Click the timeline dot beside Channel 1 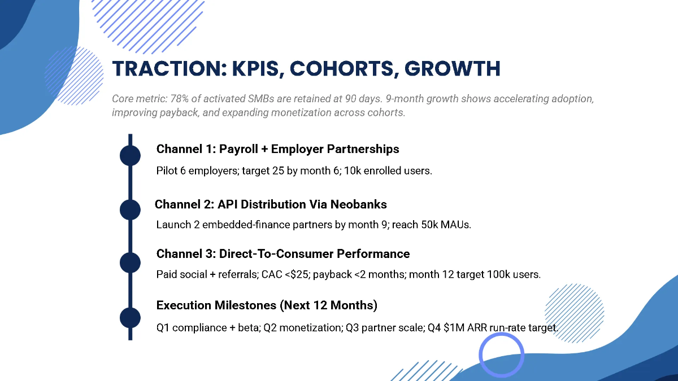pyautogui.click(x=130, y=155)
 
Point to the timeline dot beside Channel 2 pyautogui.click(x=130, y=209)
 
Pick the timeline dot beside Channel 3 pyautogui.click(x=130, y=262)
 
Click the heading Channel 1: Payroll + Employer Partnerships pyautogui.click(x=277, y=149)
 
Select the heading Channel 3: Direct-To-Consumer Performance pyautogui.click(x=282, y=253)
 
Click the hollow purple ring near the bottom pyautogui.click(x=501, y=355)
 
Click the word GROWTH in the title pyautogui.click(x=453, y=68)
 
